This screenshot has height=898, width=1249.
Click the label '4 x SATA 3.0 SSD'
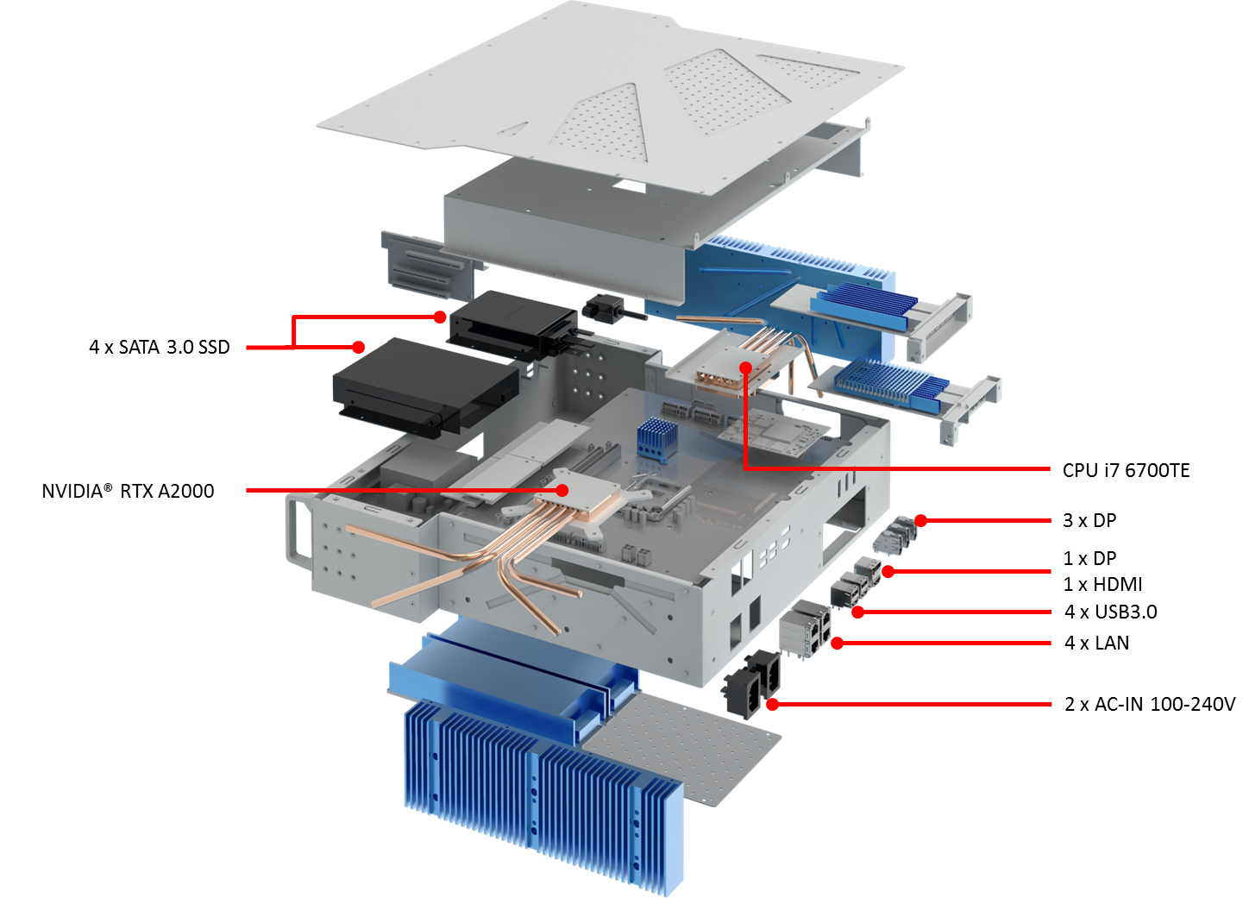point(160,348)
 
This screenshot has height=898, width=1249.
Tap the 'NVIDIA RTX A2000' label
point(128,491)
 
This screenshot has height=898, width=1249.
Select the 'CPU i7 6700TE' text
point(1126,470)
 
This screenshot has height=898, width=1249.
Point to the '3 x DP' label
point(1089,520)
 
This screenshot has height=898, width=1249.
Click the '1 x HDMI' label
point(1102,584)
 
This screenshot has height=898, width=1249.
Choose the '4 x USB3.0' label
point(1110,612)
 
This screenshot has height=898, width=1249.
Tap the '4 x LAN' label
point(1096,644)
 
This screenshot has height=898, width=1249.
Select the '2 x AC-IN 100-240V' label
point(1150,704)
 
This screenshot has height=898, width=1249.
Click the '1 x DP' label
point(1089,558)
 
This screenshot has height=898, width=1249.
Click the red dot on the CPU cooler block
point(745,367)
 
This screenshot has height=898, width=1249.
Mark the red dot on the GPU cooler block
point(562,490)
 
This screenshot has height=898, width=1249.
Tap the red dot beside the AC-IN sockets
point(772,705)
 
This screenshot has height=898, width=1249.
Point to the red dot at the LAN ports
point(837,644)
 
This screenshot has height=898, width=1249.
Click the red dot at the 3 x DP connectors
point(920,520)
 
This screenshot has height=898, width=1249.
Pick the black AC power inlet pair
point(751,682)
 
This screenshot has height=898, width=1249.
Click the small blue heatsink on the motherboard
point(656,440)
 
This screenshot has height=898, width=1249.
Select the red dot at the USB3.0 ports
point(858,612)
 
